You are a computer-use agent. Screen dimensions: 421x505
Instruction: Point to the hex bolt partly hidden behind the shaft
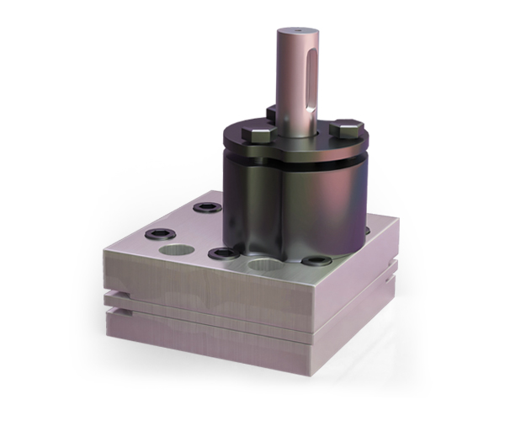[272, 111]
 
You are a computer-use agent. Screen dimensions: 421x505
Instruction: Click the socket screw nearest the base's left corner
[160, 236]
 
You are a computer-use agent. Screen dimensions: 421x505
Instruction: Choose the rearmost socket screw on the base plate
[204, 206]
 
